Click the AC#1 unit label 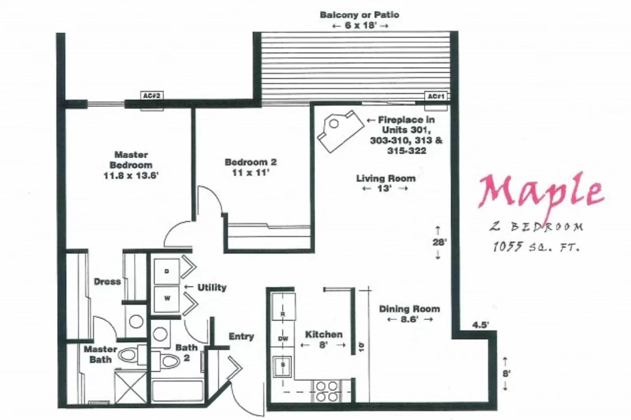[436, 96]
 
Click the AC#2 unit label [152, 96]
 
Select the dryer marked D [166, 271]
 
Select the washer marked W [167, 299]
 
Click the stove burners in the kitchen [327, 390]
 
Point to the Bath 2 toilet [166, 360]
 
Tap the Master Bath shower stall [130, 387]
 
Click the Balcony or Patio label [359, 15]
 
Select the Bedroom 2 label [251, 162]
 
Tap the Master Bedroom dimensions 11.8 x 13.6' [131, 175]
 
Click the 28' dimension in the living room [438, 242]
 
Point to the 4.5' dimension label [481, 325]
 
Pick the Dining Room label [409, 309]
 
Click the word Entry [241, 336]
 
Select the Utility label [212, 287]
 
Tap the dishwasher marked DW [283, 338]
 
